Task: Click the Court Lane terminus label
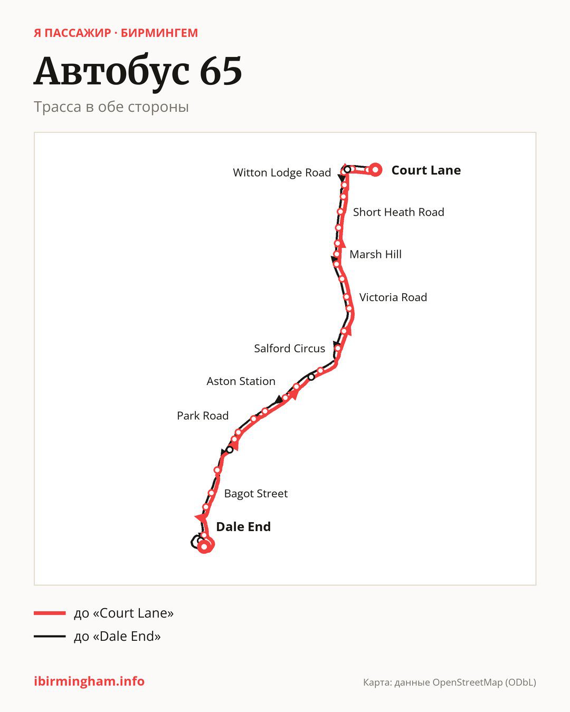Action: click(x=426, y=170)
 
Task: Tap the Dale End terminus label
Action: click(x=243, y=526)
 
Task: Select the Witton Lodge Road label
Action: click(x=282, y=172)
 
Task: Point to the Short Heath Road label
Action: click(x=398, y=212)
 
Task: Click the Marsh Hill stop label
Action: click(x=375, y=254)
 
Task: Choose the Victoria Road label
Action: click(x=393, y=297)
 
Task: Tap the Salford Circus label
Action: click(x=289, y=349)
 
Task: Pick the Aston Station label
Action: click(x=241, y=381)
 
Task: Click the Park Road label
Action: click(x=203, y=416)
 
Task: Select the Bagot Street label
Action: click(x=255, y=493)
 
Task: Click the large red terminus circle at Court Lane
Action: click(x=375, y=170)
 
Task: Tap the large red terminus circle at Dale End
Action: click(x=205, y=547)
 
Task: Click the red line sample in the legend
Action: click(x=50, y=613)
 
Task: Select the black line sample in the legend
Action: click(x=50, y=636)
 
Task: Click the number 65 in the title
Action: click(x=221, y=71)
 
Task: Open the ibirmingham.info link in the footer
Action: click(x=89, y=681)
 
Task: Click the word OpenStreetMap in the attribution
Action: click(x=467, y=682)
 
